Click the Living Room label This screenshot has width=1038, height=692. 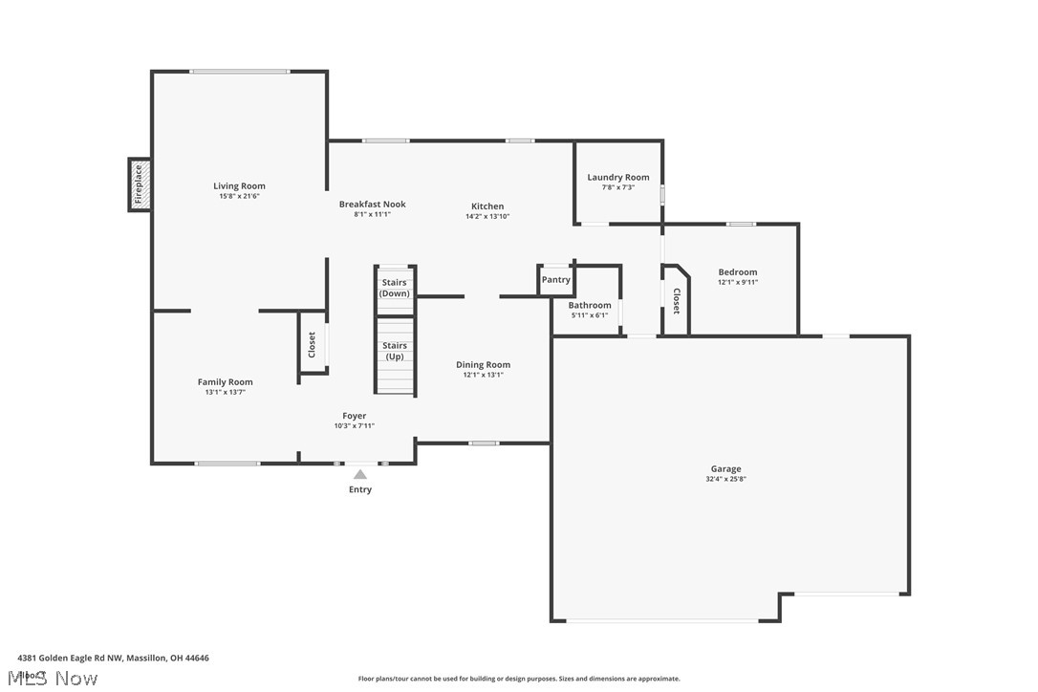(x=239, y=186)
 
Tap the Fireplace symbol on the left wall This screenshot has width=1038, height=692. (x=139, y=184)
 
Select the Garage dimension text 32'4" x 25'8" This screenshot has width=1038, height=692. (x=725, y=479)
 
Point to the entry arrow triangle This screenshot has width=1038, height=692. (x=360, y=474)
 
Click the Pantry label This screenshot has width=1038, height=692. (x=555, y=280)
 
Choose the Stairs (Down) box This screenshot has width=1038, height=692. (x=395, y=288)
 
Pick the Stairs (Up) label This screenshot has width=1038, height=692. (x=395, y=351)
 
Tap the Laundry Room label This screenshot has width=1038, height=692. (x=617, y=177)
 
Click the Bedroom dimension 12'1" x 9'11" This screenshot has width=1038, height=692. (x=737, y=282)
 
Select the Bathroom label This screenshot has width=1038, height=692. (x=589, y=306)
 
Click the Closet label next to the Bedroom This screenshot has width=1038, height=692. (x=676, y=301)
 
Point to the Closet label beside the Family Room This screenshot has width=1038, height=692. (x=312, y=345)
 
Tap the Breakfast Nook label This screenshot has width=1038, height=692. (x=372, y=205)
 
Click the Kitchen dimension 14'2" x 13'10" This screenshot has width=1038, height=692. (x=487, y=216)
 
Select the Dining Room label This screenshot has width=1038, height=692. (x=483, y=364)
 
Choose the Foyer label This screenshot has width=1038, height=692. (x=355, y=416)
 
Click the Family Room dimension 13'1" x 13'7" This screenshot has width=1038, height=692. (x=226, y=392)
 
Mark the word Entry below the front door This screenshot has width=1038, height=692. (x=360, y=489)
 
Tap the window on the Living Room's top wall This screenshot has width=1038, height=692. (x=239, y=71)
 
